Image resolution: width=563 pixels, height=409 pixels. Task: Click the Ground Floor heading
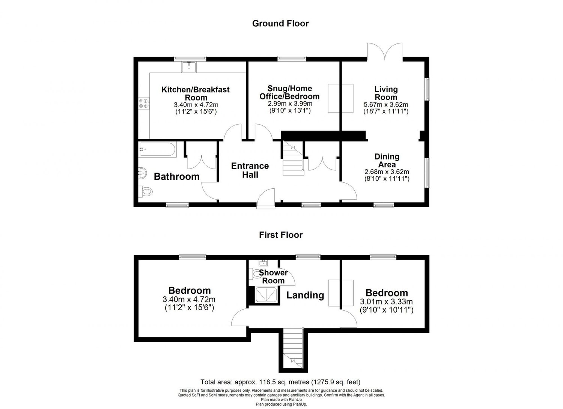[280, 23]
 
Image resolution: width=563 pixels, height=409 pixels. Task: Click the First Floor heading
[280, 235]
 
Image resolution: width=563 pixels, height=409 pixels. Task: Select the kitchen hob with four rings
[143, 103]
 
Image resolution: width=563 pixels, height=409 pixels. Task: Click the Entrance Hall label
[250, 170]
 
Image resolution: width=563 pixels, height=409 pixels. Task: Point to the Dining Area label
[387, 160]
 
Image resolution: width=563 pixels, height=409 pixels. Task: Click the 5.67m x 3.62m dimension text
[386, 105]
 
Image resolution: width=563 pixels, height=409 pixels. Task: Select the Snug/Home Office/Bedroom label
[289, 92]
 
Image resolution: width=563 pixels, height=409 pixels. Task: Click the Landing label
[305, 295]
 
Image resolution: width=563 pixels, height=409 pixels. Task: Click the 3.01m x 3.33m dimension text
[387, 302]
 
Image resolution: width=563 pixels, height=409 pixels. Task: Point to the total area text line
[280, 382]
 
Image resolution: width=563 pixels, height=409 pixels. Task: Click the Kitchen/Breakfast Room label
[195, 93]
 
